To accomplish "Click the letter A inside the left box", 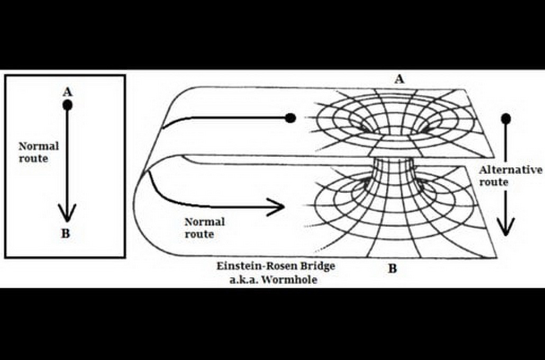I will click(67, 92).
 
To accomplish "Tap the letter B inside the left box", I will click(66, 233).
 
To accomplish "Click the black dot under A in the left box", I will click(67, 105).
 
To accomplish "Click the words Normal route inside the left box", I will click(39, 151).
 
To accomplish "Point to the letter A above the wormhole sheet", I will click(399, 79).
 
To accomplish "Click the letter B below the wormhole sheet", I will click(393, 268).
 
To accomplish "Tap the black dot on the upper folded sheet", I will click(289, 118).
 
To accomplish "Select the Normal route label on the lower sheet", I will click(204, 228).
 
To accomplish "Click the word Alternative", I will click(511, 170).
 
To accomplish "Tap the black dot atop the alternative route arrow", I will click(506, 119).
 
